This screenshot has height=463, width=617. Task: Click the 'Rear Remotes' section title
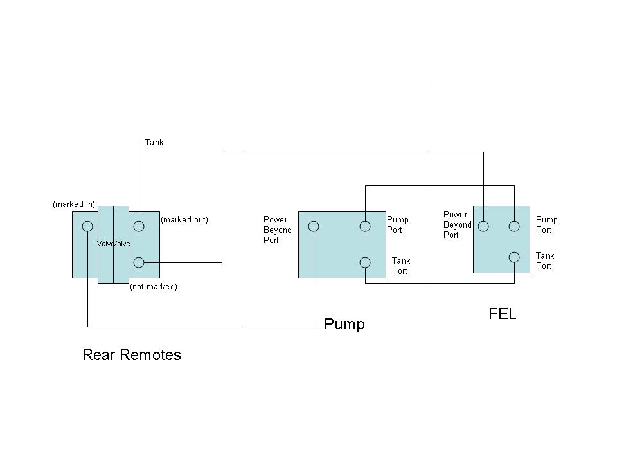[131, 355]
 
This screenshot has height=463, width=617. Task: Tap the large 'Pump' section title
[344, 324]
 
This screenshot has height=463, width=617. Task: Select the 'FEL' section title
[502, 314]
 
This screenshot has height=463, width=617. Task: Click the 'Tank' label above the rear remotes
[154, 142]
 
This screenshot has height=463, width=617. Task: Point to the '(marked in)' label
[74, 204]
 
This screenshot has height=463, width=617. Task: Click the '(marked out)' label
[184, 219]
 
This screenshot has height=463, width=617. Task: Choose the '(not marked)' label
[154, 286]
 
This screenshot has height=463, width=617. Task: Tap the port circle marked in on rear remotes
[87, 226]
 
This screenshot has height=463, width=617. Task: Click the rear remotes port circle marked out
[139, 226]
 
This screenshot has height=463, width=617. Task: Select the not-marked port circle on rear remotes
[139, 262]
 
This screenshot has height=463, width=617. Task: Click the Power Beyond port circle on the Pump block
[314, 226]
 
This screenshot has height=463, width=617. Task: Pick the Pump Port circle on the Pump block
[365, 226]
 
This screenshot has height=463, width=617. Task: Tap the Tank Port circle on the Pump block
[365, 262]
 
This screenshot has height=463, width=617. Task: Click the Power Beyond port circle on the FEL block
[483, 226]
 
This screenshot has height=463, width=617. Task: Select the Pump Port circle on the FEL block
[514, 226]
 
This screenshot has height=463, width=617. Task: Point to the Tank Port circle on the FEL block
[514, 257]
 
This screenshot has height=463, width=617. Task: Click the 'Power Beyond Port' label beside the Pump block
[278, 230]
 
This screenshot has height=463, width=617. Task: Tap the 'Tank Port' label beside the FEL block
[545, 260]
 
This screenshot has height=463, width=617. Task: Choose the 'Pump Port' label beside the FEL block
[546, 224]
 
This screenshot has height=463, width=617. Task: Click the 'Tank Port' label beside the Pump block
[401, 266]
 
